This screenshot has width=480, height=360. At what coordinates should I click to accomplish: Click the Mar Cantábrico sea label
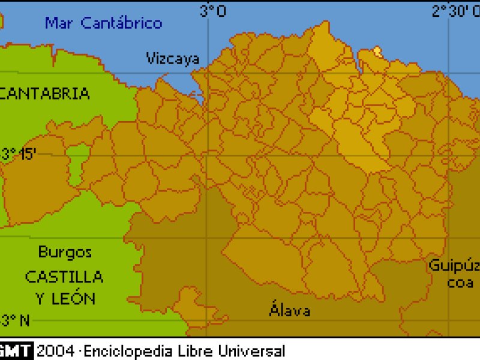[x=104, y=23]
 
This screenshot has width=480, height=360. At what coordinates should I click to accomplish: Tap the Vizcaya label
[x=172, y=58]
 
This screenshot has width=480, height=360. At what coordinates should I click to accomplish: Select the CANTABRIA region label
[x=46, y=94]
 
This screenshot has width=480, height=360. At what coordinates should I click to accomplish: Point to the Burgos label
[x=65, y=252]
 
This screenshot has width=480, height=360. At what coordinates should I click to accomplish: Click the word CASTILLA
[x=64, y=277]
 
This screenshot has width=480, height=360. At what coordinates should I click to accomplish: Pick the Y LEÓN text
[x=65, y=298]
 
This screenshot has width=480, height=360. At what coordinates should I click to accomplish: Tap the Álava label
[x=290, y=311]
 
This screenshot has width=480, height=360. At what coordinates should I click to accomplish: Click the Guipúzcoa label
[x=455, y=274]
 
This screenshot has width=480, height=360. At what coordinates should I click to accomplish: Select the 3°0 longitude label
[x=213, y=10]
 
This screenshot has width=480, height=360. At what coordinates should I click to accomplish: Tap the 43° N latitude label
[x=15, y=320]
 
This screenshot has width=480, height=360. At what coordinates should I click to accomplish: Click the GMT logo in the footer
[x=16, y=351]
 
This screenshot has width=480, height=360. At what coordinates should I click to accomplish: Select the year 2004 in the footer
[x=55, y=351]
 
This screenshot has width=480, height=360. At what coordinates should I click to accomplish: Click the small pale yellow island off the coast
[x=377, y=51]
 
